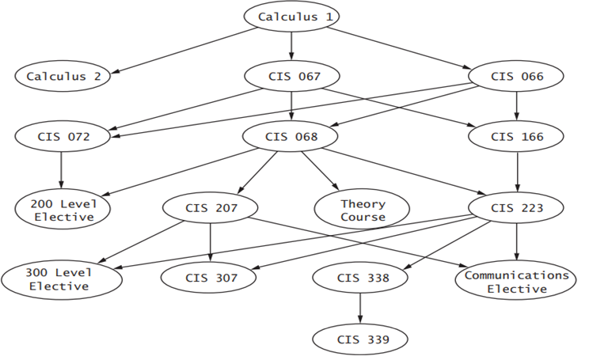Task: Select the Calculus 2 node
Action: click(63, 77)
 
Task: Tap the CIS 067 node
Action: click(292, 77)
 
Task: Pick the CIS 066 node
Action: click(517, 77)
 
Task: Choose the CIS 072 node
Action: click(63, 136)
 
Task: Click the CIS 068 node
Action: click(292, 136)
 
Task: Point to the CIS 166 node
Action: click(517, 136)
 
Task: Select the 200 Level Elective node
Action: click(63, 209)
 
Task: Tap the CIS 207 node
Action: click(210, 209)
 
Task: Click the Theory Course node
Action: click(363, 210)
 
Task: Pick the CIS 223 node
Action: click(517, 209)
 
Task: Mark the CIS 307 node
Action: click(210, 278)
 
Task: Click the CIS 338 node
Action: click(361, 278)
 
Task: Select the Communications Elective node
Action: click(517, 282)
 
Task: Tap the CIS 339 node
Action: click(361, 339)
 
